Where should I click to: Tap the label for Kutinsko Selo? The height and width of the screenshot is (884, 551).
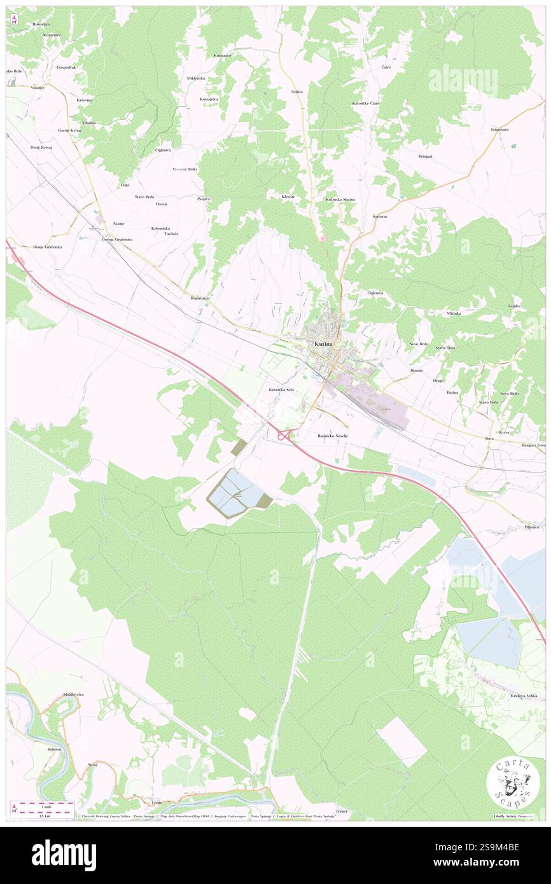(x=281, y=389)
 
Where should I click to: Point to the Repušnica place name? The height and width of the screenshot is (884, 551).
(x=200, y=298)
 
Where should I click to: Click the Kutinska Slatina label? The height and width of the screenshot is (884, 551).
(x=340, y=200)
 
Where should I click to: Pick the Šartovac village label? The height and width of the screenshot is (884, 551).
(x=381, y=216)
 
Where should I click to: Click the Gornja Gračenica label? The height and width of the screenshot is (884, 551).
(x=117, y=239)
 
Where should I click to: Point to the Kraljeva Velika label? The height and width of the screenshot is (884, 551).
(x=524, y=696)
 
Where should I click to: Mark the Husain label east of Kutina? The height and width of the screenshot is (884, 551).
(x=416, y=369)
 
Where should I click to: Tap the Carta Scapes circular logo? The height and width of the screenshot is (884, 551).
(x=512, y=782)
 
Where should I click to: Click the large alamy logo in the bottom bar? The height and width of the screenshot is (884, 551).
(x=64, y=855)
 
